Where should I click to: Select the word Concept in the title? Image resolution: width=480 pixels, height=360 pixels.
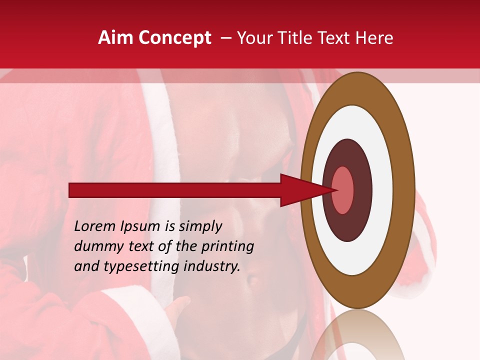click(174, 38)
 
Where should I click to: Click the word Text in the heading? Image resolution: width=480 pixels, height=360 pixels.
click(336, 38)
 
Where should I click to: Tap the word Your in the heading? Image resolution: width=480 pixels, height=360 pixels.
click(257, 38)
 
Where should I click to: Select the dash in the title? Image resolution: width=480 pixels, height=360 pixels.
click(225, 38)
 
